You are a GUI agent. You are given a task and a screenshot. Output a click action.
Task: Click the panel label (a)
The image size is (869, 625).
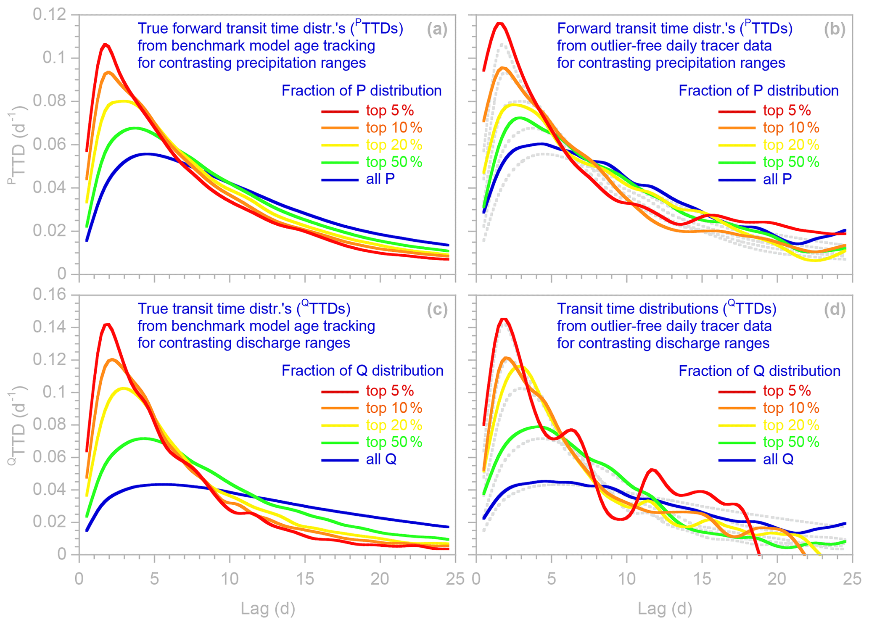437,29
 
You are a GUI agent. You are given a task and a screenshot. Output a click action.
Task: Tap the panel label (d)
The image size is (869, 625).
835,309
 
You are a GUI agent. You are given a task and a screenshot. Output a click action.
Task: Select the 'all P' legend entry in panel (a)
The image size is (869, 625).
380,179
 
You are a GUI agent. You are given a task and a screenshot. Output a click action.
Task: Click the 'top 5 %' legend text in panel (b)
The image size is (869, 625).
787,111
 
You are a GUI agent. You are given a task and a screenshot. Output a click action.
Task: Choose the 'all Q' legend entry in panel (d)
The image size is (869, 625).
778,459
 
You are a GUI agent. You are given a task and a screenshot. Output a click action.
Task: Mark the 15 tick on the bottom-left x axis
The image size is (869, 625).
305,579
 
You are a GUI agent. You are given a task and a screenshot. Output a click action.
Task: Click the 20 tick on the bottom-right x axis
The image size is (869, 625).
777,579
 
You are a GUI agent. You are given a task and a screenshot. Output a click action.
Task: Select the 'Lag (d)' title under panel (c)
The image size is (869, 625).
268,608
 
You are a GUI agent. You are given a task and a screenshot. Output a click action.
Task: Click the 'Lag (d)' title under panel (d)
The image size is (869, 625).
665,608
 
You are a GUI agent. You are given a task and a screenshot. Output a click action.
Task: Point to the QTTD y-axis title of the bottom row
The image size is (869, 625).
17,425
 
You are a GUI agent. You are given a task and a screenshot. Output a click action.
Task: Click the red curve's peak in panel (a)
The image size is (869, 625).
105,44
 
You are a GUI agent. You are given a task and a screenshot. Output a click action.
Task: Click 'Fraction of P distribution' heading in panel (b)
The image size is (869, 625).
758,91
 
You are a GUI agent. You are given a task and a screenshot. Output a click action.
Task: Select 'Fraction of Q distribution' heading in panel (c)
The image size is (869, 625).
362,371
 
